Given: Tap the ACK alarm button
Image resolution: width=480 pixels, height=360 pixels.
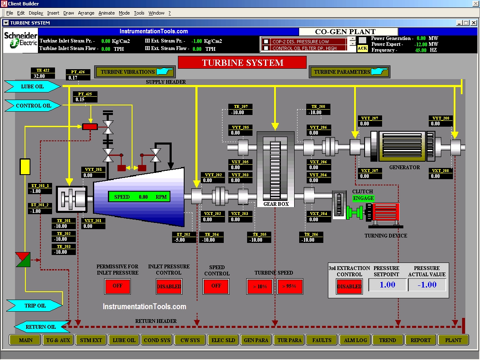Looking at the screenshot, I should (x=362, y=48).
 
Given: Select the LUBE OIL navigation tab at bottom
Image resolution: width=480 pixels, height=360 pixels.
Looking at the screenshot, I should (x=124, y=340).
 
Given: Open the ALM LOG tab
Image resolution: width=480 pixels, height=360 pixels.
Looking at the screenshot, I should (x=355, y=340).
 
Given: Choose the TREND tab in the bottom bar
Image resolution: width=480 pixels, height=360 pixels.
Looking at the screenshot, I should (x=387, y=340).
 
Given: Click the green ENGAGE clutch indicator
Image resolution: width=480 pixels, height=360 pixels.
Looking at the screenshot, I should (x=363, y=198).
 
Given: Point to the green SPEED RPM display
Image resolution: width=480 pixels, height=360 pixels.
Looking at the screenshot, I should (x=139, y=197).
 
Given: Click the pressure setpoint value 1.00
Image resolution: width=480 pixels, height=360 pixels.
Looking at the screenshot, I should (x=387, y=285).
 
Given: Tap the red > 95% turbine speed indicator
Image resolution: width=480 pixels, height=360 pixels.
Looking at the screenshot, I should (x=290, y=287).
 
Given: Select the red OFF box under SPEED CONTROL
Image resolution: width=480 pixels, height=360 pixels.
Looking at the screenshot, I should (x=216, y=286).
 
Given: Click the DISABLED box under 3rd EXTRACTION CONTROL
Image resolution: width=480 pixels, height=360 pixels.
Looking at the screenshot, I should (x=349, y=286).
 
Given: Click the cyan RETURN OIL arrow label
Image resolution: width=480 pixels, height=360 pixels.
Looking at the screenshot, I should (x=41, y=327).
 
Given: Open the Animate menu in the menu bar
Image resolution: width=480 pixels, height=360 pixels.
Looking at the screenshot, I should (x=106, y=13).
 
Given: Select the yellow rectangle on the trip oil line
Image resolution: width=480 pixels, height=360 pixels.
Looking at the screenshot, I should (x=25, y=166).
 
